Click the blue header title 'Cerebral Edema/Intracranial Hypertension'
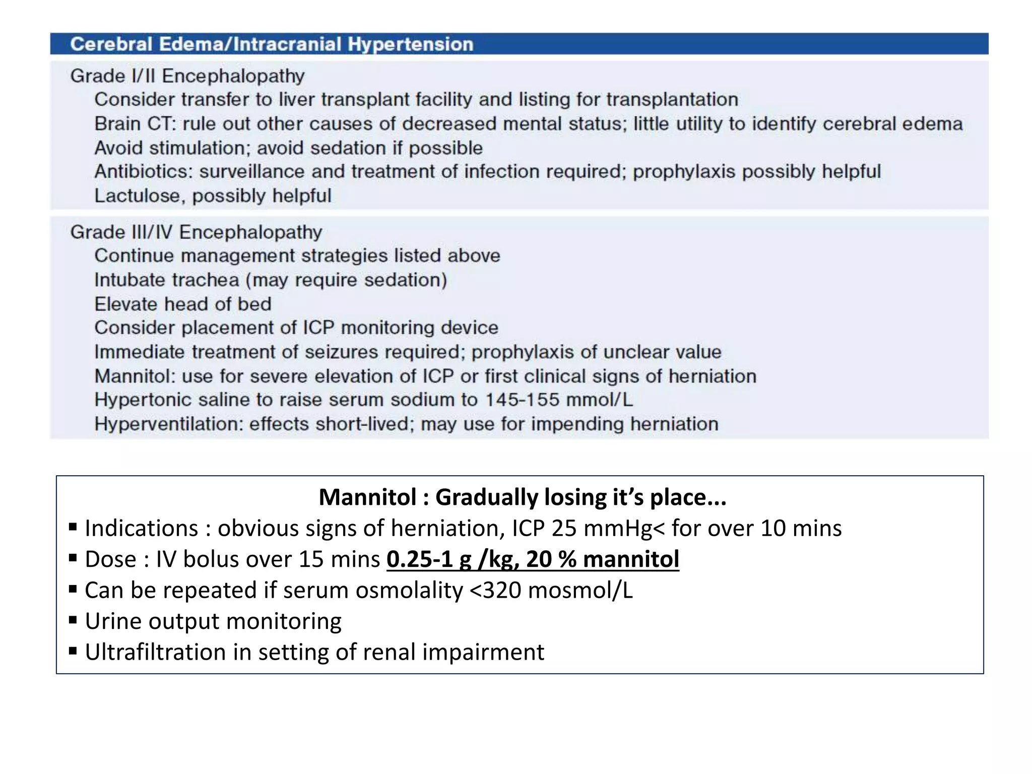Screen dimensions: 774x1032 tap(272, 44)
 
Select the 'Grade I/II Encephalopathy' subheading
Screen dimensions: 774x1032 tap(187, 76)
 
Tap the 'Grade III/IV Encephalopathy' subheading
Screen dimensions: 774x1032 tap(196, 232)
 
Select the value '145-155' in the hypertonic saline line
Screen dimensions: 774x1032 tap(522, 400)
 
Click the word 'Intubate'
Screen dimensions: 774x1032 tap(131, 280)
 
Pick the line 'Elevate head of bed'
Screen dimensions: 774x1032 tap(183, 304)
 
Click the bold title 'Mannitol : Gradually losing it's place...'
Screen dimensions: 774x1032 tap(523, 497)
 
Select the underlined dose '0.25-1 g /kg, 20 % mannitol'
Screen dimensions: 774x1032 tap(533, 559)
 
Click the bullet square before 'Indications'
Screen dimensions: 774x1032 tap(73, 527)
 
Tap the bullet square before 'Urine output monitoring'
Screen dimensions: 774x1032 tap(73, 620)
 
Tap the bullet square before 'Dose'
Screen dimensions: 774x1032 tap(73, 558)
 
